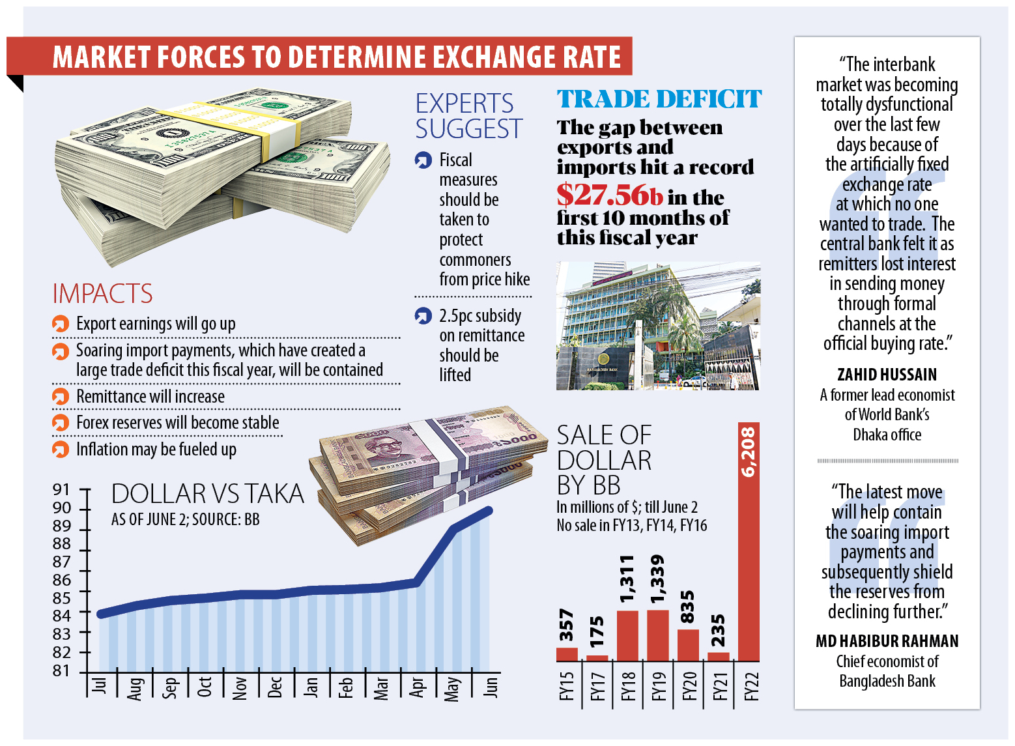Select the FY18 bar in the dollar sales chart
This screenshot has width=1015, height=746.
point(627,636)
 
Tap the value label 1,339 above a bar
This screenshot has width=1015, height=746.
point(657,579)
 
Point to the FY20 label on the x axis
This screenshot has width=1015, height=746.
point(689,685)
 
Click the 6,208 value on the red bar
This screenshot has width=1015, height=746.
point(749,452)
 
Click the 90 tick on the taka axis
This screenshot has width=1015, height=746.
point(63,508)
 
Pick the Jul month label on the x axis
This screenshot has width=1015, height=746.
point(99,685)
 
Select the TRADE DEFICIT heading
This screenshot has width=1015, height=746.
point(659,100)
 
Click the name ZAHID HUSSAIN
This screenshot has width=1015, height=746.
point(887,375)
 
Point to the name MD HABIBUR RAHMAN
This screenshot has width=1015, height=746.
point(887,641)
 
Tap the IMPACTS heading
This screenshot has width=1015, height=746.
point(102,294)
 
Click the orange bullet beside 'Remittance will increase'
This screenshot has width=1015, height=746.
point(61,397)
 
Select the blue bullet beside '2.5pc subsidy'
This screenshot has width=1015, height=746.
point(423,316)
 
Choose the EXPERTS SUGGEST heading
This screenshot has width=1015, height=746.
point(468,116)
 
